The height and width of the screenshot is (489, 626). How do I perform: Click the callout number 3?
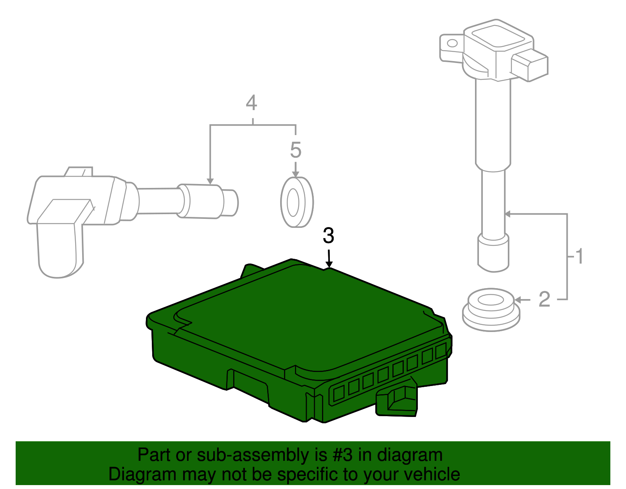(x=328, y=236)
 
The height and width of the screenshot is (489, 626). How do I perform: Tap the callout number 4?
(x=251, y=103)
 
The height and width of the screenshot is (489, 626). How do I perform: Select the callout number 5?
(x=296, y=150)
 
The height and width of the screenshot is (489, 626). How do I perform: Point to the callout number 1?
(x=579, y=256)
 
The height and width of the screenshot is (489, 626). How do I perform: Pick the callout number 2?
(x=544, y=300)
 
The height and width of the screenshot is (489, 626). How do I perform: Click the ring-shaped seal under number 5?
(x=297, y=202)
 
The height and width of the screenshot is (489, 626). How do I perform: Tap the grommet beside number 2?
(x=491, y=309)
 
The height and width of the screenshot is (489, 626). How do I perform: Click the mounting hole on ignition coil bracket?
(x=452, y=43)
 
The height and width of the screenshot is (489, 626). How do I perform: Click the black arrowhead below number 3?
(x=329, y=265)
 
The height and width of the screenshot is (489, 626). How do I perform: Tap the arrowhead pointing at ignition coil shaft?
(x=508, y=214)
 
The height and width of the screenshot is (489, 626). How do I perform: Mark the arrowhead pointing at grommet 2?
(x=517, y=300)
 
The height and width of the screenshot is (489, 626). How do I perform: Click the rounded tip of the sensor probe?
(x=232, y=203)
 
